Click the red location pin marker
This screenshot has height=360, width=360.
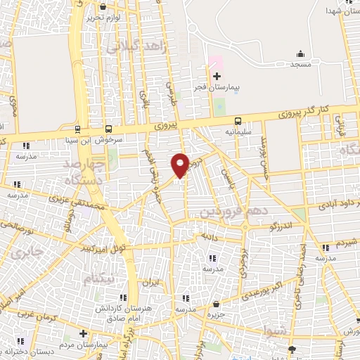[181, 165]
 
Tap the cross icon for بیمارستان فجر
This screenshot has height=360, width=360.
[217, 75]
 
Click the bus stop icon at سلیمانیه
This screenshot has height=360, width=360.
[239, 120]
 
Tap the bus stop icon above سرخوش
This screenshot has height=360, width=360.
[109, 129]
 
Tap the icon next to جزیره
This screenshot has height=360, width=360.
[216, 304]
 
